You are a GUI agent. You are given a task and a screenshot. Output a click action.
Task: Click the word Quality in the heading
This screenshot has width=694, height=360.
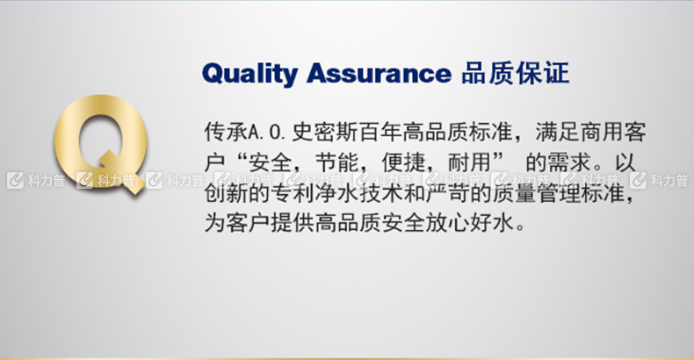(x=249, y=74)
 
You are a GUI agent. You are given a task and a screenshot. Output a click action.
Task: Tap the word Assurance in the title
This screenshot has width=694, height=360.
(x=380, y=73)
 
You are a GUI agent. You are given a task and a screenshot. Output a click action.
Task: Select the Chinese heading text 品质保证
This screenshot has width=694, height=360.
(x=515, y=73)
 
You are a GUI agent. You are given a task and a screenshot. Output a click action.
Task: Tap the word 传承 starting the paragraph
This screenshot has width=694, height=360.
(x=226, y=132)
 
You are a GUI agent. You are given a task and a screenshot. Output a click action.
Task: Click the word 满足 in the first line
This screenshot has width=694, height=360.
(x=557, y=132)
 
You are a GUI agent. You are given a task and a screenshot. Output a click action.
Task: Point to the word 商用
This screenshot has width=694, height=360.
(x=602, y=132)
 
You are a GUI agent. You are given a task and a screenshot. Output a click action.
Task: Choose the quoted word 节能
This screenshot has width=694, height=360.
(x=336, y=162)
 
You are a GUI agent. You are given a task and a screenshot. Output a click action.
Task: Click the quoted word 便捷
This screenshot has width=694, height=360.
(x=403, y=162)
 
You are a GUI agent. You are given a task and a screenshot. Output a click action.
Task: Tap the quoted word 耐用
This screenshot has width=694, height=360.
(x=470, y=162)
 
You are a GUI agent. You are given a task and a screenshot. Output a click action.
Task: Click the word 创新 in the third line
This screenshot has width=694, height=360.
(x=226, y=193)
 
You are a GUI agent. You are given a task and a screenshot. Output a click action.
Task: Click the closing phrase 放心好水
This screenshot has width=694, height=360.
(x=470, y=222)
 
